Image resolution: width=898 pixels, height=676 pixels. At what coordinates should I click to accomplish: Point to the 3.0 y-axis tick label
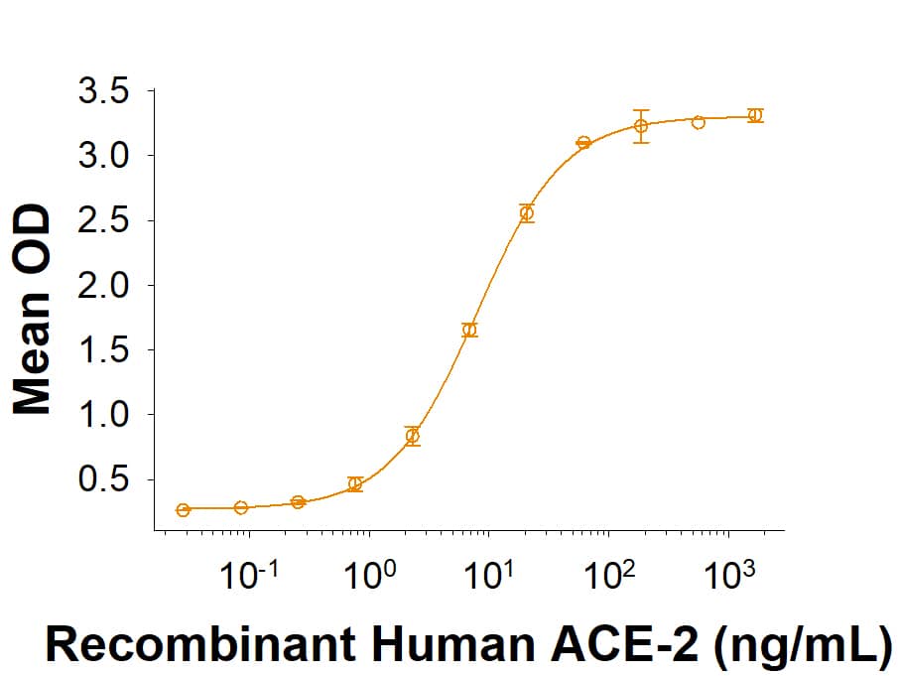[103, 156]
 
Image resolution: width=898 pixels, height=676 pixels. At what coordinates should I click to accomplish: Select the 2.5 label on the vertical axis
[103, 220]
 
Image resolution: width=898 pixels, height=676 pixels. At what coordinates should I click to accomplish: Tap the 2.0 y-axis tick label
[103, 286]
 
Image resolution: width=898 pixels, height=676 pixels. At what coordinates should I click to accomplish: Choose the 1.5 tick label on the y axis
[103, 350]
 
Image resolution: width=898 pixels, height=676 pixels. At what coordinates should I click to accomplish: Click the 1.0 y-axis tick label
[103, 415]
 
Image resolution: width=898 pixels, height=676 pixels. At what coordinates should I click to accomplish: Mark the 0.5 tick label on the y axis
[103, 480]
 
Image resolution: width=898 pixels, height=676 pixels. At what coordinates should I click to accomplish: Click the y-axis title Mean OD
[32, 310]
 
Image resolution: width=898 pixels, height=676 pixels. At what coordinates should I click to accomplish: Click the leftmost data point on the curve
[184, 510]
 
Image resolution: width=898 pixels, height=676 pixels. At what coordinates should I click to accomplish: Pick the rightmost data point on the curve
[755, 115]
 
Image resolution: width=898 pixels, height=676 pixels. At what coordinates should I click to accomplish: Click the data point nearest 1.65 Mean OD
[469, 330]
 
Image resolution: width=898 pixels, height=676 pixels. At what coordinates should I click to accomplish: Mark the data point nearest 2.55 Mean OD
[527, 213]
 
